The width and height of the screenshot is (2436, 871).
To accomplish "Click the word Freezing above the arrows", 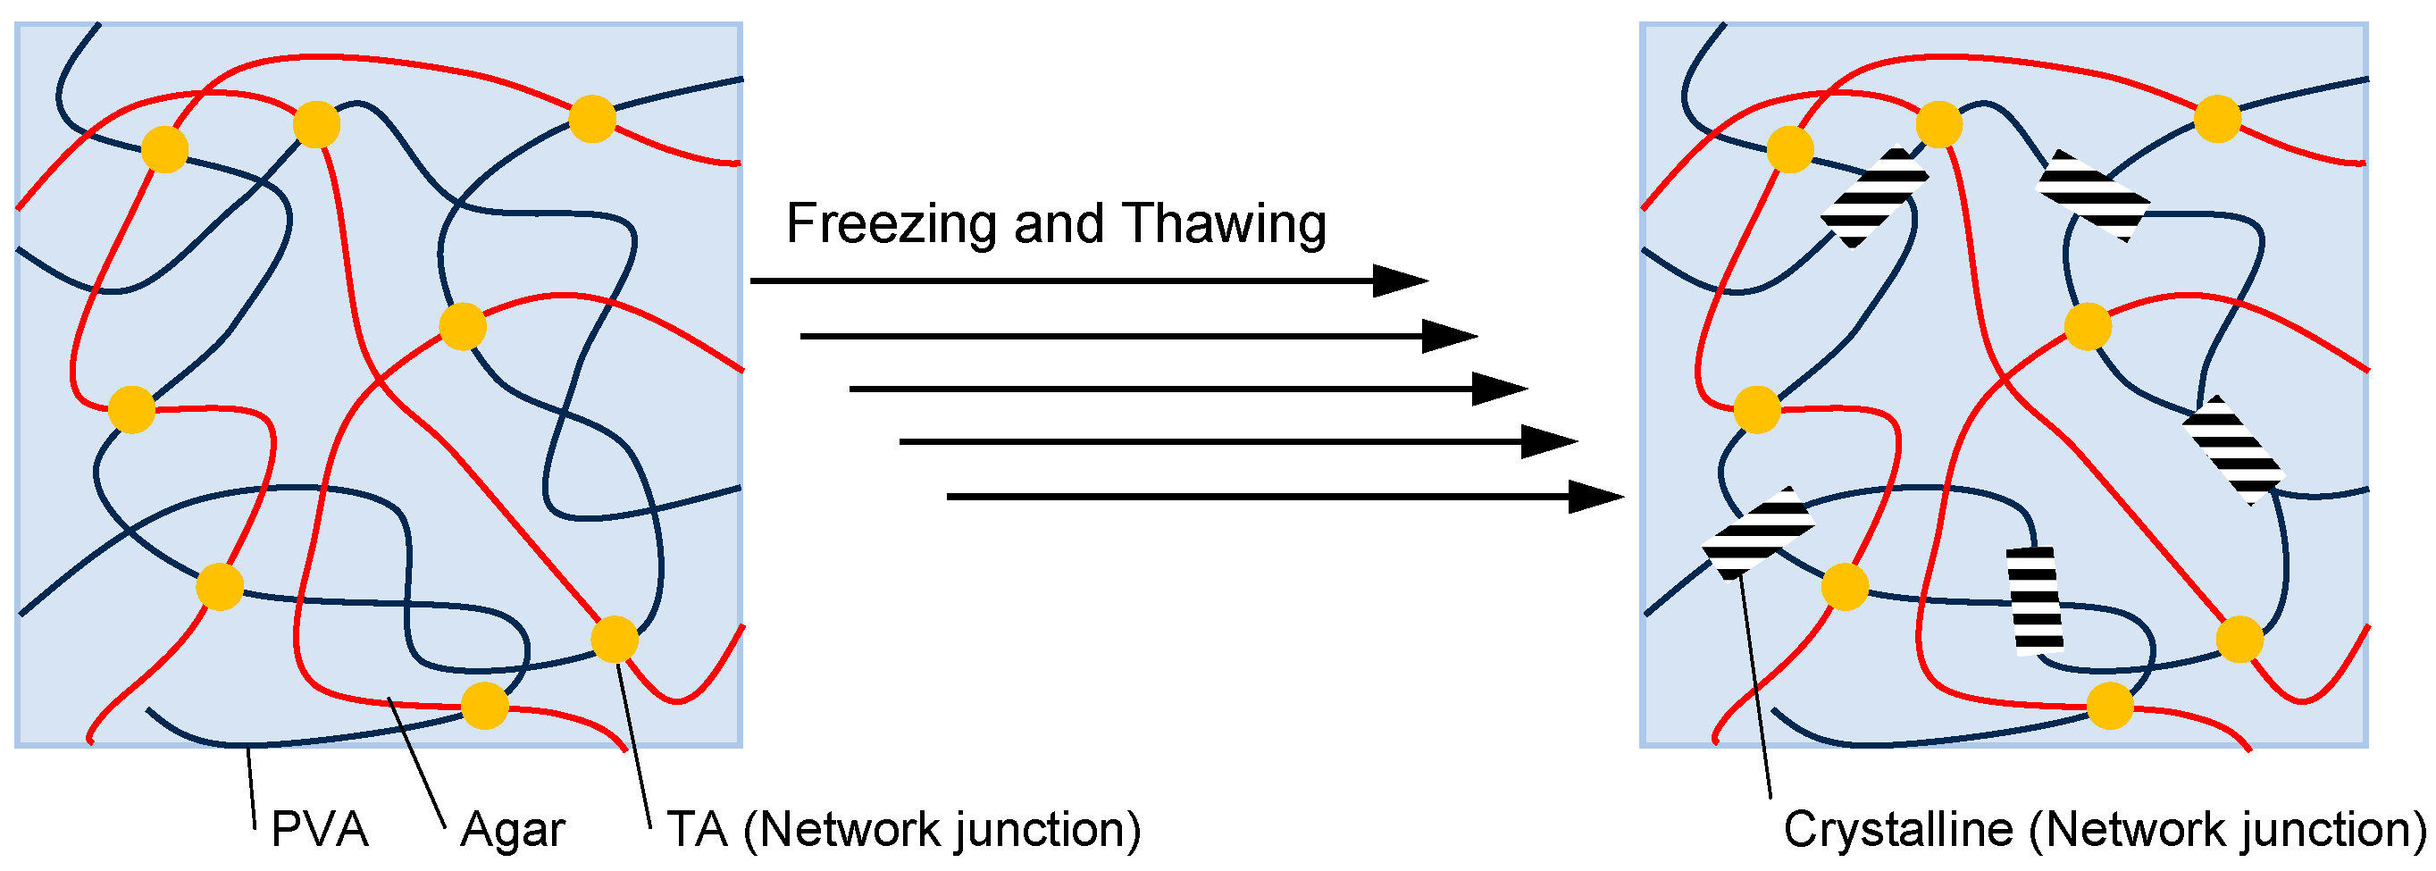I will click(x=892, y=225).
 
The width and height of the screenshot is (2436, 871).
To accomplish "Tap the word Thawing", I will click(x=1226, y=225).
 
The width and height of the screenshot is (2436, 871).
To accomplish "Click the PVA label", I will click(x=319, y=829).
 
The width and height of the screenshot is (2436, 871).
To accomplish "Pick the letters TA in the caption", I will click(x=697, y=829).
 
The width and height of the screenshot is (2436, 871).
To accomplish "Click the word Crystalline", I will click(x=1898, y=829).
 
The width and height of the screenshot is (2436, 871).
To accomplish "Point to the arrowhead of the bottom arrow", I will click(x=1595, y=497).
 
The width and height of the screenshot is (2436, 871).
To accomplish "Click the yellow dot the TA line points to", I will click(x=615, y=640).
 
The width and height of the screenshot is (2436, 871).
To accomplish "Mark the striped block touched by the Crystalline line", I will click(x=1758, y=534).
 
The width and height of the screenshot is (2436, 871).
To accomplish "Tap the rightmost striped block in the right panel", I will click(x=2232, y=449).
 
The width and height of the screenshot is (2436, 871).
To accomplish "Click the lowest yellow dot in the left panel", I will click(x=484, y=706).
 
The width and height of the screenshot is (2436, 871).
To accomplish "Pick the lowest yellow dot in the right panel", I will click(x=2109, y=706).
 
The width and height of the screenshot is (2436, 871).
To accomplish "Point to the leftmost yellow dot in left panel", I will click(x=131, y=409).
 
